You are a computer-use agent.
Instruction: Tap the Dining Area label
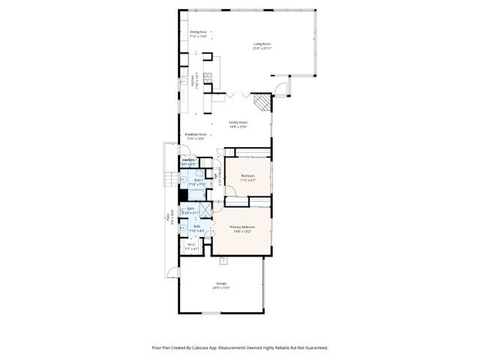198,32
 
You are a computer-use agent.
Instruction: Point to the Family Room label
238,122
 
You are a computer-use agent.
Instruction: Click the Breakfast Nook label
196,135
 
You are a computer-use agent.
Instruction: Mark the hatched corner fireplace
259,101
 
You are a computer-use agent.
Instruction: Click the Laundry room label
188,160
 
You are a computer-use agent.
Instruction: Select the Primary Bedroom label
241,226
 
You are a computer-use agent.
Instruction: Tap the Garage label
220,283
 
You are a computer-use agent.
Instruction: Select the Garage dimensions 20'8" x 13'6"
220,288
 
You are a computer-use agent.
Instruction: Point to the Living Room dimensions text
262,48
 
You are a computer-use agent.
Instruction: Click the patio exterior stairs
169,178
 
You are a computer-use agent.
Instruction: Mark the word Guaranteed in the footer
314,348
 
